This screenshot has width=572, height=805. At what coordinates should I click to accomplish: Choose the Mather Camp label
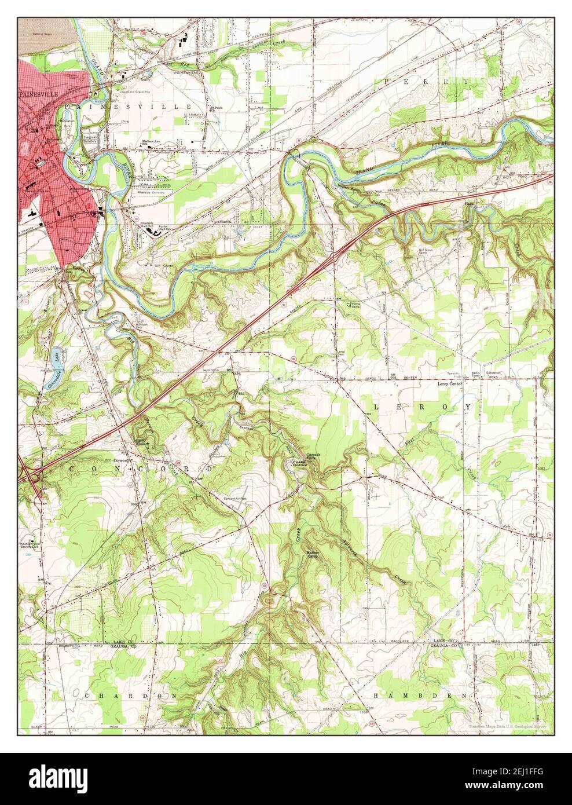314,554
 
